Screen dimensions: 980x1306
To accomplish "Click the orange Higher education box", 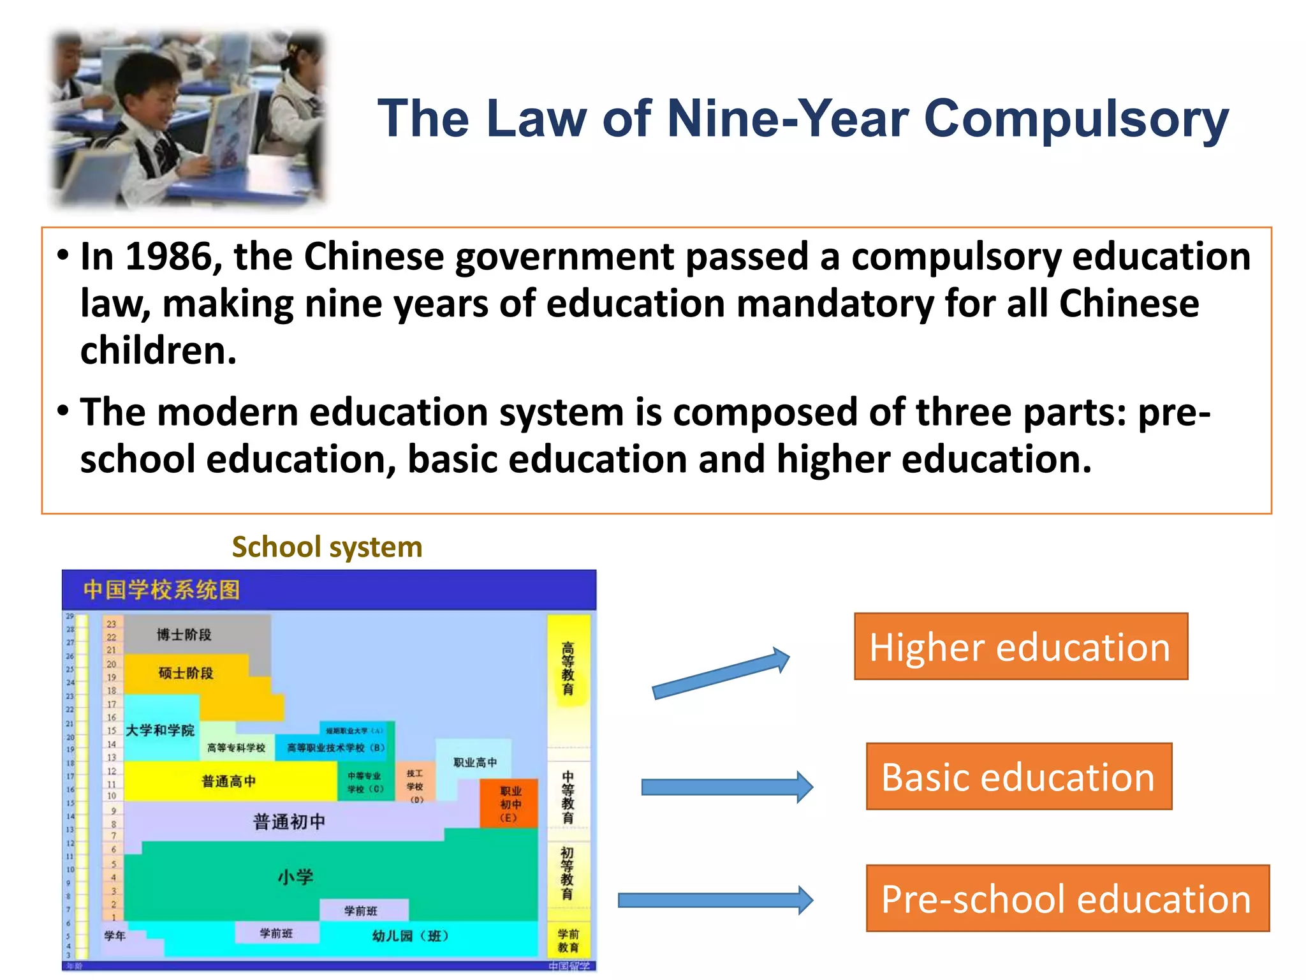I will click(x=1020, y=646).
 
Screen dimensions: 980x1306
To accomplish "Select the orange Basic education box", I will click(x=1018, y=776).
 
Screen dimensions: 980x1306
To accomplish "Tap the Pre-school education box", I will click(x=1067, y=898).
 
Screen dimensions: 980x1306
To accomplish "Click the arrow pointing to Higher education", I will click(x=721, y=675).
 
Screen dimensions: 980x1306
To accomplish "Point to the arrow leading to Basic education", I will click(x=727, y=787).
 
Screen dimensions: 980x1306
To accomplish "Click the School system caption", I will click(x=326, y=547).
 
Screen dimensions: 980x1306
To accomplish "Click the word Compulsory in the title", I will click(x=1076, y=119).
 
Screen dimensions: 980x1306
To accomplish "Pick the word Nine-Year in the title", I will click(x=788, y=119).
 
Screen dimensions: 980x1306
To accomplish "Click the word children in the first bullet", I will click(x=158, y=350).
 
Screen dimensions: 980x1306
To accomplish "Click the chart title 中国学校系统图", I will click(x=161, y=590).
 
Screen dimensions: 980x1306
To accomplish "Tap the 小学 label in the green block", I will click(x=295, y=877).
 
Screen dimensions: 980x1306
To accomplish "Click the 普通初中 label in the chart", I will click(x=289, y=821).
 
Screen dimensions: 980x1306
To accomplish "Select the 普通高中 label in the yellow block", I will click(x=228, y=781).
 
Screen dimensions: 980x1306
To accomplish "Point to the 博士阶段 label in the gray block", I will click(x=184, y=634).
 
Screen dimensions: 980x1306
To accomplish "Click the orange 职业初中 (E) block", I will click(x=509, y=803).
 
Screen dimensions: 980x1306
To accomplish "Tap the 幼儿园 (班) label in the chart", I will click(x=411, y=935).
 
